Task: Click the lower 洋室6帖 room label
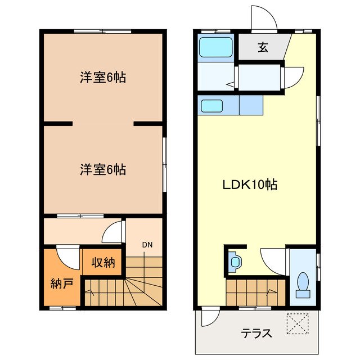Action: pos(102,169)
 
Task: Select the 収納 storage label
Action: pos(102,262)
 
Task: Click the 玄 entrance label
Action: pos(263,47)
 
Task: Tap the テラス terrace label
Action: pos(256,332)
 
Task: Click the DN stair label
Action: pos(147,245)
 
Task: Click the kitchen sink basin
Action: pos(213,105)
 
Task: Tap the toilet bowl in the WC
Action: pos(303,282)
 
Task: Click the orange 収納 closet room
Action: pos(102,262)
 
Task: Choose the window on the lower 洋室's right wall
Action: pos(165,162)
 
